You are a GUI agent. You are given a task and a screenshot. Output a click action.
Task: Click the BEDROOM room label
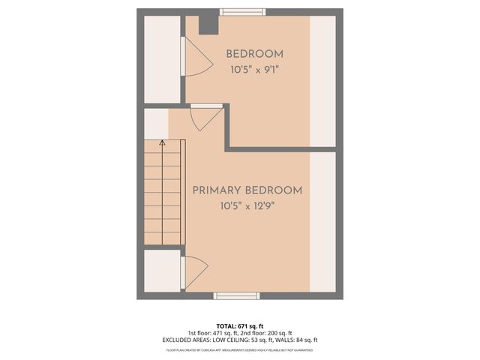pos(255,54)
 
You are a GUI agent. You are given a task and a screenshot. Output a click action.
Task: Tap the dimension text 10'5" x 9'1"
pos(255,69)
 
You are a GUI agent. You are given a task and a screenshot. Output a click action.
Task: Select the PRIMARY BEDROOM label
pos(247,190)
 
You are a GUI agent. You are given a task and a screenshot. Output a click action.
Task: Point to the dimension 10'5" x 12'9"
pos(247,206)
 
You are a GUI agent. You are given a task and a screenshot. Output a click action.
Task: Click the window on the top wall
pos(242,11)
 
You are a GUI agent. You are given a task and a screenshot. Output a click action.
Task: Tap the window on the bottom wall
pos(237,295)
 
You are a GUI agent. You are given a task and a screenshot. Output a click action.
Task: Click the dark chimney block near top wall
pos(207,24)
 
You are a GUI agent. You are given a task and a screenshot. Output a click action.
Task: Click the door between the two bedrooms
pos(205,116)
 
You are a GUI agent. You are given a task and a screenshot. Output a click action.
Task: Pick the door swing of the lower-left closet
pos(194,271)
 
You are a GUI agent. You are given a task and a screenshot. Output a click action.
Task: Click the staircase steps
pos(163,195)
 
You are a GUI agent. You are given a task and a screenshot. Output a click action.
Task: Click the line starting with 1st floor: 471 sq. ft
pos(240,333)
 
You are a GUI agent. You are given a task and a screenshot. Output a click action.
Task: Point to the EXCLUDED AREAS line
pos(240,340)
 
